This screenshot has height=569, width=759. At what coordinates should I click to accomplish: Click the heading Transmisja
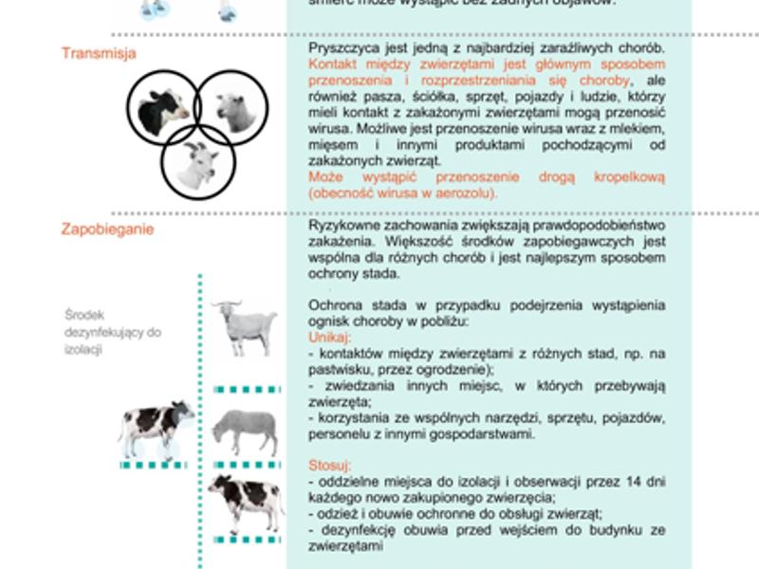click(99, 53)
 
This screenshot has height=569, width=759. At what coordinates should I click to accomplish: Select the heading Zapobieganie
click(107, 229)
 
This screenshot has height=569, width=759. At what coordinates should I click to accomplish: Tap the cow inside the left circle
click(164, 110)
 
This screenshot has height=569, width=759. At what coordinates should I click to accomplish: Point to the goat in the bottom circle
click(197, 162)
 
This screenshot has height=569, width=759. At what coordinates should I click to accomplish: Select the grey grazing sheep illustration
click(245, 431)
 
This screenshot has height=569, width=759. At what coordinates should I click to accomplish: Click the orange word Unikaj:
click(329, 338)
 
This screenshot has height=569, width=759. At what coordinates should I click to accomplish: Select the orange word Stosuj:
click(329, 466)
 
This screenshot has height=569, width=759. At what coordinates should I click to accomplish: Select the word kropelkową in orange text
click(630, 177)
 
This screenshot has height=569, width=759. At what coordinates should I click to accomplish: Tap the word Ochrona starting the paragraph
click(334, 305)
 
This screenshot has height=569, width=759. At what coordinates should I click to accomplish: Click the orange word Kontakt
click(332, 64)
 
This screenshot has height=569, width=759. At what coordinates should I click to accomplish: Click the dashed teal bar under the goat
click(247, 389)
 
